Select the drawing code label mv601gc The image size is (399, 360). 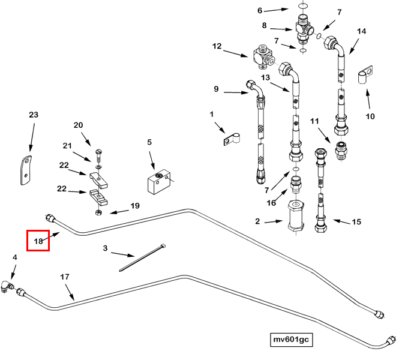tap(291, 340)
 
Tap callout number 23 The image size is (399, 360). tap(33, 115)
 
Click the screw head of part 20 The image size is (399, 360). tap(96, 144)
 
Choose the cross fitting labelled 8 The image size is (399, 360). tap(303, 28)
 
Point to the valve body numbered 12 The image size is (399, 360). tap(262, 55)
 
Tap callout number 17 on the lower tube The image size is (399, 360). tap(65, 277)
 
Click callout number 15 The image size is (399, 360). tap(356, 222)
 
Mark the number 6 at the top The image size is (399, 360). tap(260, 10)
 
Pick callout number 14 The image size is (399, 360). tap(361, 31)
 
